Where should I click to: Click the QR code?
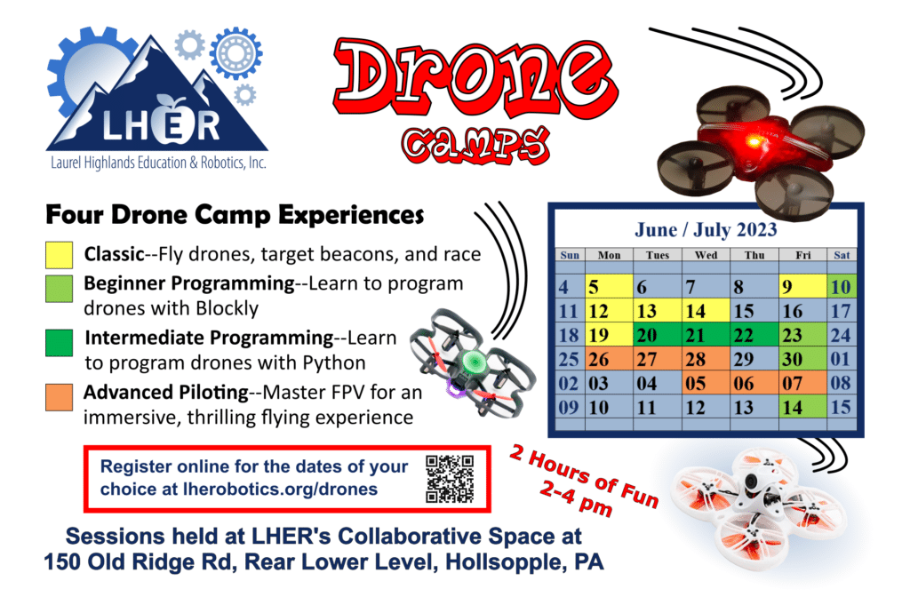(x=450, y=479)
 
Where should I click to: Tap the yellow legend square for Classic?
(x=59, y=255)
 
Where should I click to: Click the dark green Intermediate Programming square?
(x=59, y=344)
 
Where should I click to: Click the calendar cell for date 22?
(x=754, y=336)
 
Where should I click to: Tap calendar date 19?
(x=608, y=336)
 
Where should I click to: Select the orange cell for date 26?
(x=608, y=360)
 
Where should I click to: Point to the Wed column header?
(x=706, y=256)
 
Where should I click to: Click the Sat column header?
(x=842, y=256)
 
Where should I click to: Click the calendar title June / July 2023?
(x=706, y=229)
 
